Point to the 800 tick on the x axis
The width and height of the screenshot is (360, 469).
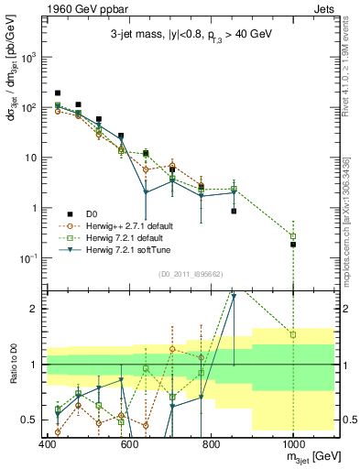211,444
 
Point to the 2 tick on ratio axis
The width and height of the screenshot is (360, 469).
35,309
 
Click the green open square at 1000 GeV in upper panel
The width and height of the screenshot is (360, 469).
293,236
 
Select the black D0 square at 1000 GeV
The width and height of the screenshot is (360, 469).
293,245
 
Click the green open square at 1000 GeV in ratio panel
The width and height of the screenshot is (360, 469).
293,334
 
